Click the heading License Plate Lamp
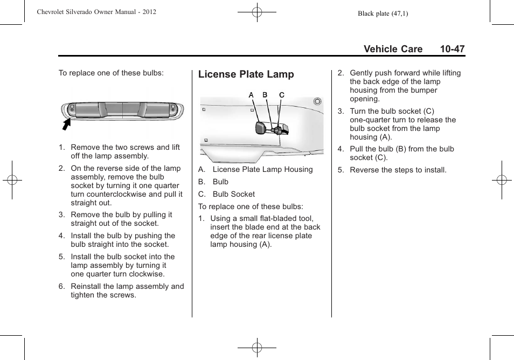pyautogui.click(x=246, y=74)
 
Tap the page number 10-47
pyautogui.click(x=452, y=49)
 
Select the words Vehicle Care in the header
pyautogui.click(x=393, y=49)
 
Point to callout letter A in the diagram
pyautogui.click(x=251, y=95)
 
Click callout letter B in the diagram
pyautogui.click(x=265, y=95)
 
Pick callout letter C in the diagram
pyautogui.click(x=281, y=95)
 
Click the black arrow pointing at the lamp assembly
pyautogui.click(x=67, y=125)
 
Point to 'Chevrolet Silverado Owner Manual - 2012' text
pyautogui.click(x=96, y=12)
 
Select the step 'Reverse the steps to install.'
pyautogui.click(x=398, y=170)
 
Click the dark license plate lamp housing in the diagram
pyautogui.click(x=260, y=128)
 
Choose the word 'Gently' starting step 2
pyautogui.click(x=362, y=73)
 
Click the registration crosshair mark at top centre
pyautogui.click(x=257, y=11)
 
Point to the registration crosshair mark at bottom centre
pyautogui.click(x=257, y=348)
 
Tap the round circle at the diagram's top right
pyautogui.click(x=317, y=101)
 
